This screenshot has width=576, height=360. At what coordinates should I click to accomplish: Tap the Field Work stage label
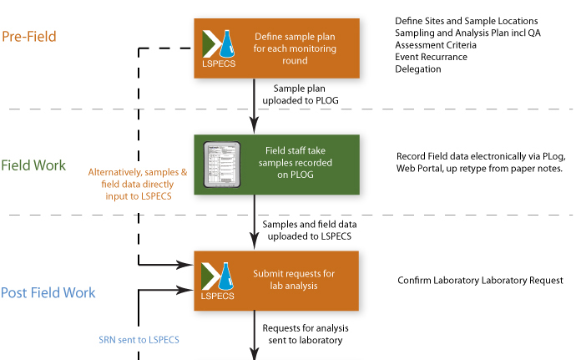point(33,165)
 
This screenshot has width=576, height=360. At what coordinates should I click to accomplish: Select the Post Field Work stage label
point(48,293)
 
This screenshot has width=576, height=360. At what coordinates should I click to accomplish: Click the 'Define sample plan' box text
point(297,48)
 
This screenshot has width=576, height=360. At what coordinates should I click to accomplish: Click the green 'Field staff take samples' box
point(276,165)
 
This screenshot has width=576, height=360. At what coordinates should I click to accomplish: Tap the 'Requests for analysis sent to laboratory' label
point(307,335)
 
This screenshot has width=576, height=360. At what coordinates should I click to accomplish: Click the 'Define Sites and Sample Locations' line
point(466,20)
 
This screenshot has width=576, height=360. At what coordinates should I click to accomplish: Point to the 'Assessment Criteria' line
point(437,44)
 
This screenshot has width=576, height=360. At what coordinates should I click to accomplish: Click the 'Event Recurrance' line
point(432,57)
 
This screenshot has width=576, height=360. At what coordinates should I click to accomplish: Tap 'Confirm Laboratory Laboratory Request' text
point(480,280)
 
